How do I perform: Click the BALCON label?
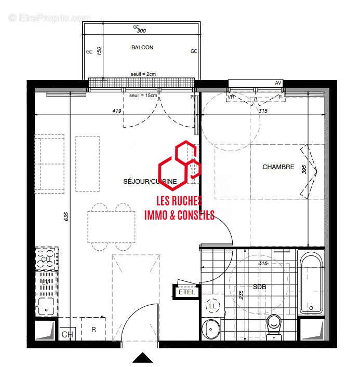(142, 47)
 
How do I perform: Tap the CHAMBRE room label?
(278, 167)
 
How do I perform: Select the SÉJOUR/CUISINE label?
(150, 181)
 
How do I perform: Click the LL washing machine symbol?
(212, 307)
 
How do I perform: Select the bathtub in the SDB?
(311, 283)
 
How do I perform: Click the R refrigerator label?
(94, 329)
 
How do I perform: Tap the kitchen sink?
(46, 306)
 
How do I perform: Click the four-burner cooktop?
(46, 259)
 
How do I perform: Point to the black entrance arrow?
(142, 358)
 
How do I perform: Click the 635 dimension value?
(66, 217)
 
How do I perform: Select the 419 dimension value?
(116, 110)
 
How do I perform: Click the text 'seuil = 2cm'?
(143, 74)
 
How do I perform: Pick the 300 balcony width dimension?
(142, 31)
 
